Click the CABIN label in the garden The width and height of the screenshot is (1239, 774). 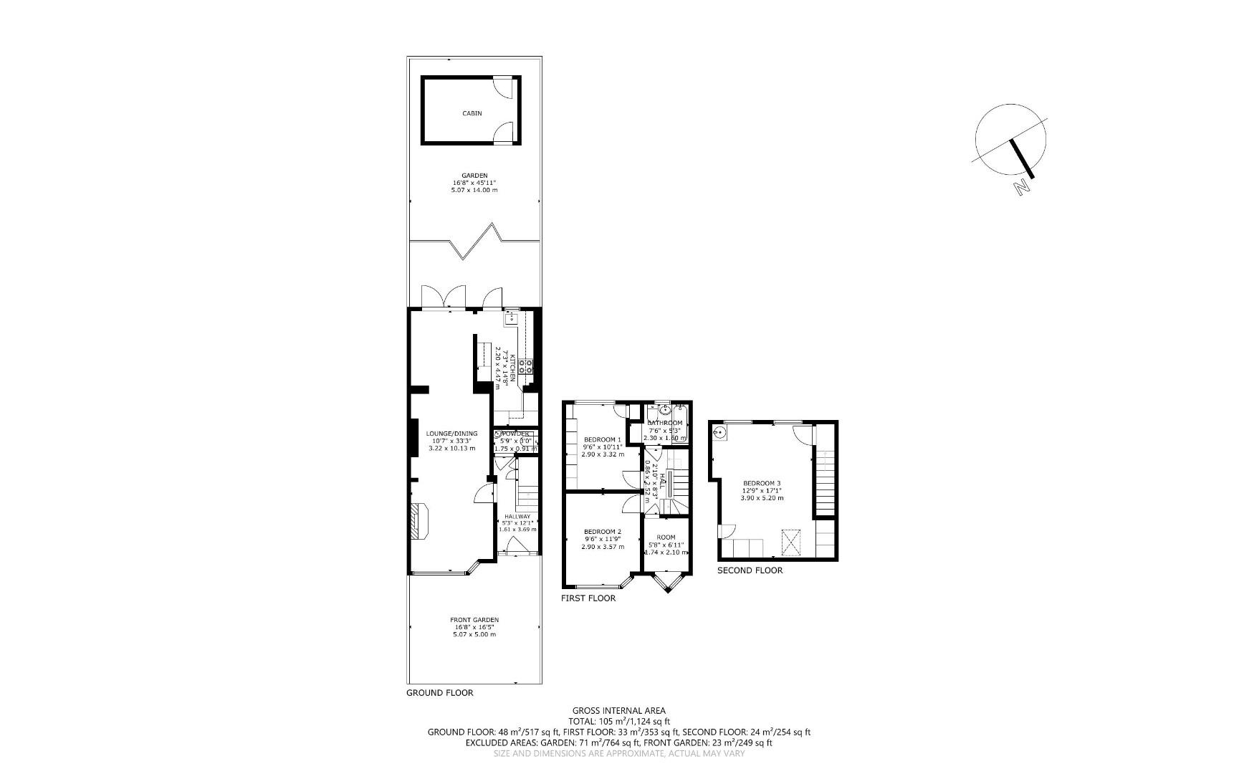click(x=472, y=113)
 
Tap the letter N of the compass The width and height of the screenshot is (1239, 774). click(x=1022, y=188)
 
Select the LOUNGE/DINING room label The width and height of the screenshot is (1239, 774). click(x=451, y=434)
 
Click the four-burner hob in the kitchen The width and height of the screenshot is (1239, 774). click(x=527, y=366)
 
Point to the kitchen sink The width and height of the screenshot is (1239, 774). click(x=511, y=318)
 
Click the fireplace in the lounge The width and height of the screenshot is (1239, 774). click(x=418, y=520)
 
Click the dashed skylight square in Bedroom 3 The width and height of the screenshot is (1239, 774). click(x=792, y=542)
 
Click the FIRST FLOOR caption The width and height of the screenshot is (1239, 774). click(x=588, y=598)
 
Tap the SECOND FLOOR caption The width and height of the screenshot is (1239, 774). click(x=750, y=570)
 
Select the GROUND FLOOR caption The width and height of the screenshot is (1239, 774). click(x=439, y=693)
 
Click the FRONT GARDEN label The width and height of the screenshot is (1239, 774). click(x=474, y=620)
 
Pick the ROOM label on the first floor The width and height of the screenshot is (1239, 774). click(x=666, y=537)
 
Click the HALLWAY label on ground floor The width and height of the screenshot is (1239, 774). click(x=517, y=517)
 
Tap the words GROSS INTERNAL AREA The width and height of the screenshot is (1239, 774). click(x=618, y=711)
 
